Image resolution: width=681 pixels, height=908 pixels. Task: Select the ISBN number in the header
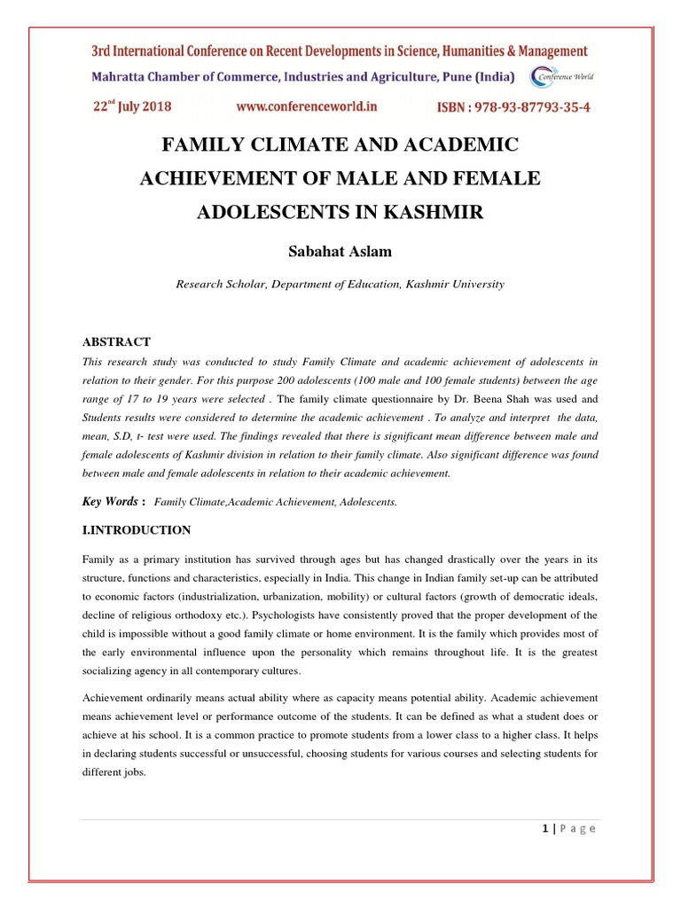point(513,107)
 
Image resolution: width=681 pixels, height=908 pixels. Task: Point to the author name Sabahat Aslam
point(340,252)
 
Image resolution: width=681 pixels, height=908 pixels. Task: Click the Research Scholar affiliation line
point(340,285)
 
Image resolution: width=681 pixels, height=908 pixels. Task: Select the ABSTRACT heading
point(116,341)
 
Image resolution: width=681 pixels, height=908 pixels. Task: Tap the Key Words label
point(109,501)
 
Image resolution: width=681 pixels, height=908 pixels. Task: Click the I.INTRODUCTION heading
point(137,530)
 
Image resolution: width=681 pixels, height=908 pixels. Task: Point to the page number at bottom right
point(568,828)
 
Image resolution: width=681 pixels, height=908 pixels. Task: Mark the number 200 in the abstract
point(286,380)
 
